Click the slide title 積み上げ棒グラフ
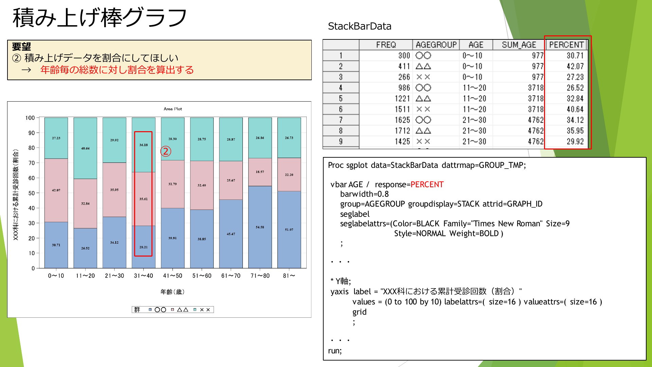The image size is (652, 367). coord(100,17)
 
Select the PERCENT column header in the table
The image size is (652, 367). coord(566,45)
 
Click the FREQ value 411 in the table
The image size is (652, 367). coord(404,66)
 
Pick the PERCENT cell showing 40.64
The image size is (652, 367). coord(575,109)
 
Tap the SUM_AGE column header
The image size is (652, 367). coord(519,45)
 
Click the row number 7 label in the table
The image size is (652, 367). coord(341,120)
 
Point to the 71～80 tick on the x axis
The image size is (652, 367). coord(260,276)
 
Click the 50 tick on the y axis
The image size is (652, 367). coord(32,193)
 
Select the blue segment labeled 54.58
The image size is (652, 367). coord(260,227)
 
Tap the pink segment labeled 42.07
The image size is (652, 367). coord(56,190)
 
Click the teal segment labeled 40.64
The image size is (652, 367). coord(85,148)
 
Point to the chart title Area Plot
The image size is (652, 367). coord(173,109)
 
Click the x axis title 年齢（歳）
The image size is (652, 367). coord(173,292)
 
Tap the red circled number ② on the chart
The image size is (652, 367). coord(166,152)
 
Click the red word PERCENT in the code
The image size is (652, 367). coord(427,185)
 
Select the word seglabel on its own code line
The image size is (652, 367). coord(355,214)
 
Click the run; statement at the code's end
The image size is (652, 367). coord(335,351)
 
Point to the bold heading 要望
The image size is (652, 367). coord(21,47)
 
